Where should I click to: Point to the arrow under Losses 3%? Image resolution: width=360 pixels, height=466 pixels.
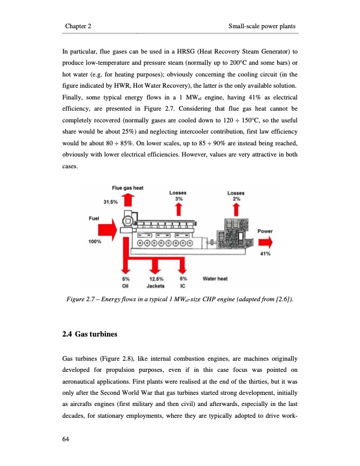pos(179,210)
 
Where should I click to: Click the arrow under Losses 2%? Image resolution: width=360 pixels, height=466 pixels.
pos(237,210)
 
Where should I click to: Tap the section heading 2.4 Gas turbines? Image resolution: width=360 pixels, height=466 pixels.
pos(89,335)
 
